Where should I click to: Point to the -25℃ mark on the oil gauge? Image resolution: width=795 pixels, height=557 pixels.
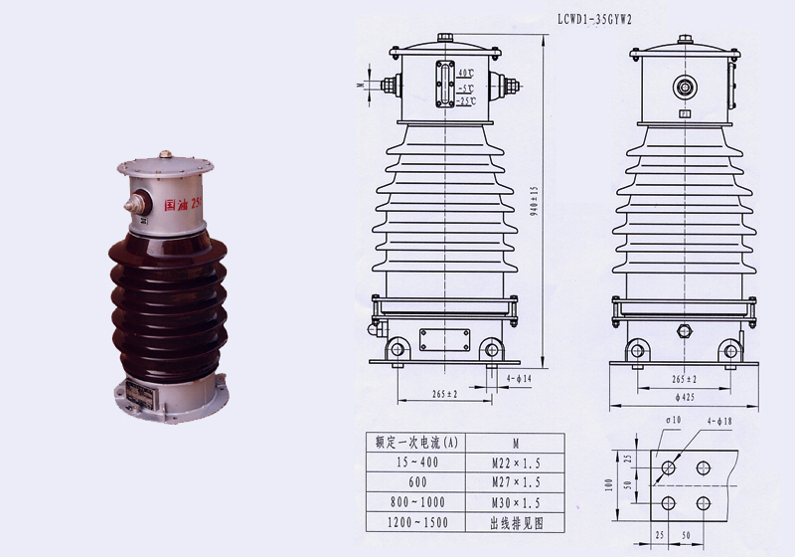(465, 100)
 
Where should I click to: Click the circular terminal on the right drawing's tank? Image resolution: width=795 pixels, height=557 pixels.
(684, 88)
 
